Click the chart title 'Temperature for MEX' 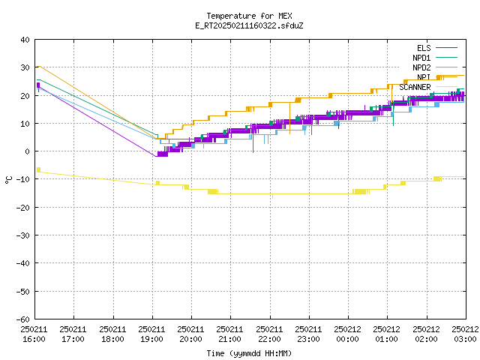click(249, 16)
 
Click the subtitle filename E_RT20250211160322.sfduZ click(249, 25)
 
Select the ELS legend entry click(436, 48)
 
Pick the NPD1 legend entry click(435, 58)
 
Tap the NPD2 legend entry click(435, 67)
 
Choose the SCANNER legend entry click(428, 87)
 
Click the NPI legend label click(424, 77)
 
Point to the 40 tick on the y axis click(25, 40)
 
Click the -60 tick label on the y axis click(23, 319)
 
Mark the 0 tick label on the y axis click(28, 151)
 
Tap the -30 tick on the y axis click(23, 235)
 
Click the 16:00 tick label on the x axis click(34, 334)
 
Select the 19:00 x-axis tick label click(151, 334)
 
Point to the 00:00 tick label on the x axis click(347, 334)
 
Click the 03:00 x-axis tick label click(465, 334)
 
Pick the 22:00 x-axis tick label click(269, 334)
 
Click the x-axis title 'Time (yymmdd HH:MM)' click(249, 353)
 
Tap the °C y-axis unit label click(8, 180)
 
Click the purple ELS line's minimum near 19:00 click(156, 157)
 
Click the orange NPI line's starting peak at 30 click(39, 67)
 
